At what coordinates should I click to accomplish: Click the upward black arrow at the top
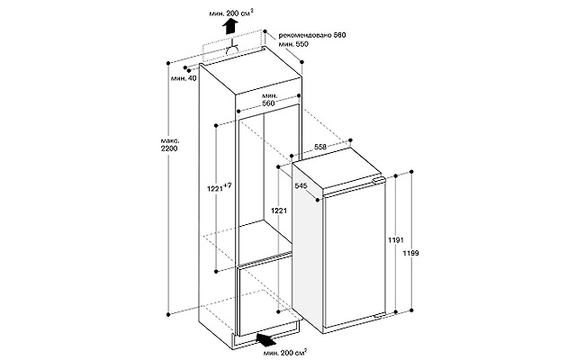click(230, 27)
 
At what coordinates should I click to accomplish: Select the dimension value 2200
click(169, 148)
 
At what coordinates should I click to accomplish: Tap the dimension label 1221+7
click(219, 188)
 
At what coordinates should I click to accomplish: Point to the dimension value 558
click(320, 147)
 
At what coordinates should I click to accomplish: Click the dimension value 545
click(301, 185)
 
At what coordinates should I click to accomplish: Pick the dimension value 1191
click(395, 240)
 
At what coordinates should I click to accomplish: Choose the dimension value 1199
click(410, 253)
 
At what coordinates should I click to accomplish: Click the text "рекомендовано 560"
click(312, 35)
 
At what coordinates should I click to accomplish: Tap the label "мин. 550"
click(293, 44)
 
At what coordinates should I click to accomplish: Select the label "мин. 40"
click(184, 78)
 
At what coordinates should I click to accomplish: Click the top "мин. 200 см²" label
click(231, 13)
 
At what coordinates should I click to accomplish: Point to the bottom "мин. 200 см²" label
click(285, 352)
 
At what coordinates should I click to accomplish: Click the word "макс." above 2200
click(170, 141)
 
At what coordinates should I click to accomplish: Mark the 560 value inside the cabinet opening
click(268, 103)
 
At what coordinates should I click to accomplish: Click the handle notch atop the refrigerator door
click(378, 180)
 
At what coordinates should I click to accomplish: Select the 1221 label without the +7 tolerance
click(278, 211)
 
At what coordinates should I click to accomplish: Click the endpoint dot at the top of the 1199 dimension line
click(411, 172)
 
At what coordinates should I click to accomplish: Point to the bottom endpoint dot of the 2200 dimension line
click(168, 314)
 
